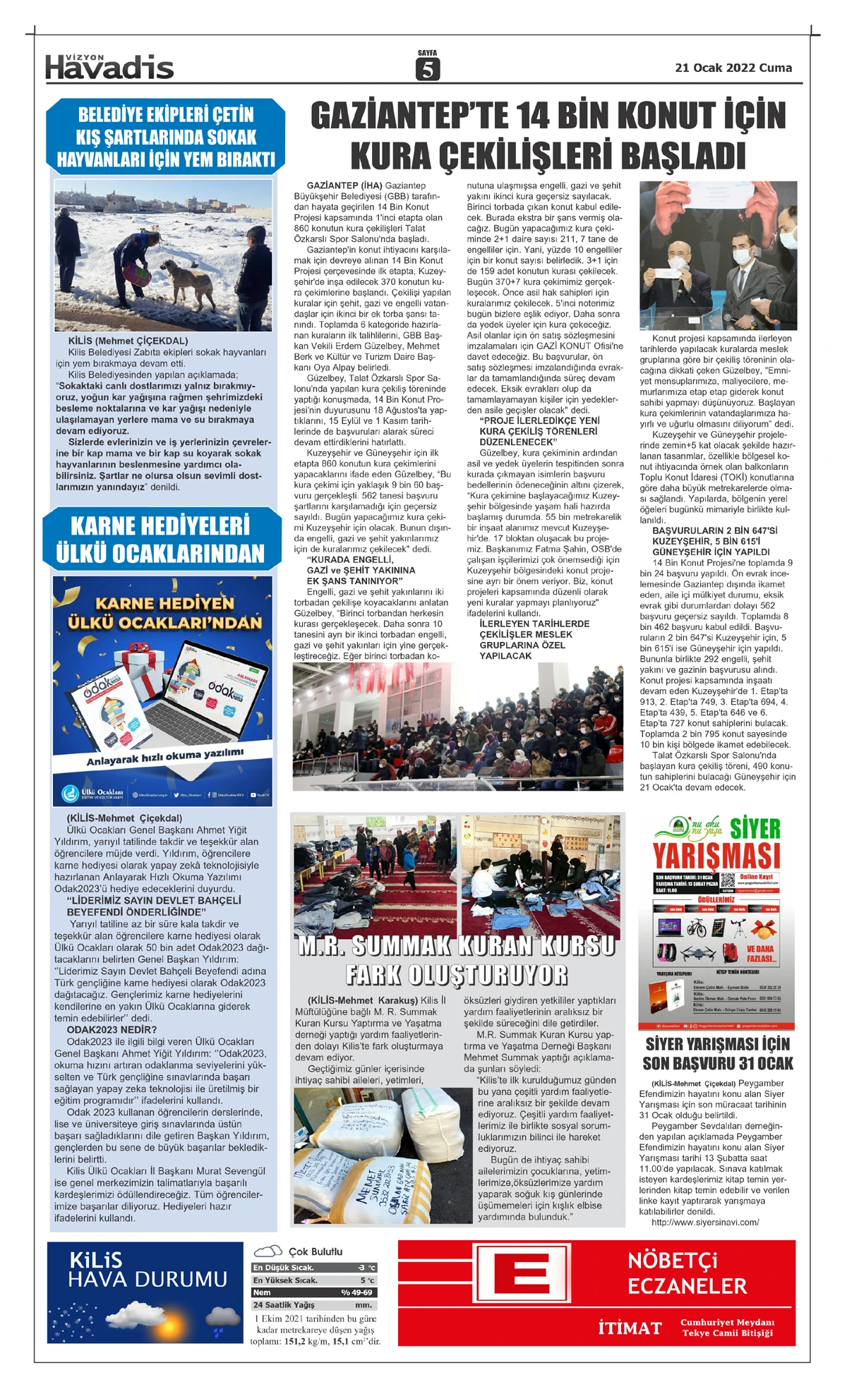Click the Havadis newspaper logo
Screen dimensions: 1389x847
click(109, 67)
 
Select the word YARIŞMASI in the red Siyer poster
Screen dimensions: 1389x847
click(716, 856)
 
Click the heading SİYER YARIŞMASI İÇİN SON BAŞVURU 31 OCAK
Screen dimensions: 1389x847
click(717, 1053)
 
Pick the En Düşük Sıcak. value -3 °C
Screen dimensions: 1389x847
click(366, 1268)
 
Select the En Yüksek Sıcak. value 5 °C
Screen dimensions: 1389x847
click(367, 1280)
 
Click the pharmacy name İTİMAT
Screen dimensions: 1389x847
click(630, 1328)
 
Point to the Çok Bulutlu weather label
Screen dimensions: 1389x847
click(316, 1251)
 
